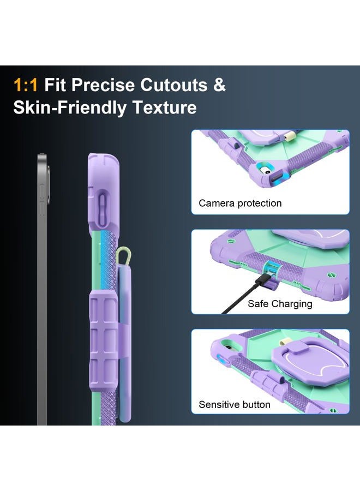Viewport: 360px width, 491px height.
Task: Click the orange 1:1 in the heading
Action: (x=26, y=85)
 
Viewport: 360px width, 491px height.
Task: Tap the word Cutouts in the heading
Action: (x=173, y=85)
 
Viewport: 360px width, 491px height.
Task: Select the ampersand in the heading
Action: (x=219, y=85)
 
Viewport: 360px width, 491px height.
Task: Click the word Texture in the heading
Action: (x=165, y=107)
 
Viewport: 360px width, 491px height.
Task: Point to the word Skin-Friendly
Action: (x=70, y=108)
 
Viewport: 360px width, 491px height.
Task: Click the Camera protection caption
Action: (x=240, y=203)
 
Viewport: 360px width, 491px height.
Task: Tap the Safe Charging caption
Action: (x=280, y=304)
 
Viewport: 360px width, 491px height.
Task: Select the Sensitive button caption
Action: (x=235, y=405)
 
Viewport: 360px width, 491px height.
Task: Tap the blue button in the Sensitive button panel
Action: (x=223, y=360)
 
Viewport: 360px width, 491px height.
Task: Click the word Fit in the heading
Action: (x=55, y=85)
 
